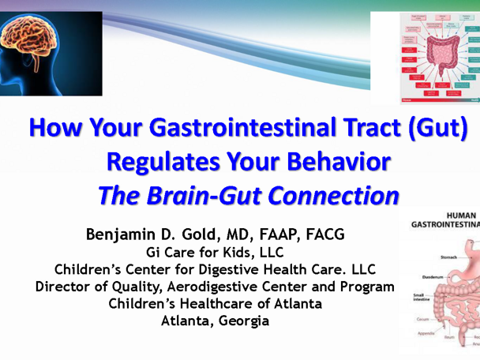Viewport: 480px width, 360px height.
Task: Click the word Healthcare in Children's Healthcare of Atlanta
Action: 221,304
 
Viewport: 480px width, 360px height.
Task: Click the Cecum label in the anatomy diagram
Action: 419,319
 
